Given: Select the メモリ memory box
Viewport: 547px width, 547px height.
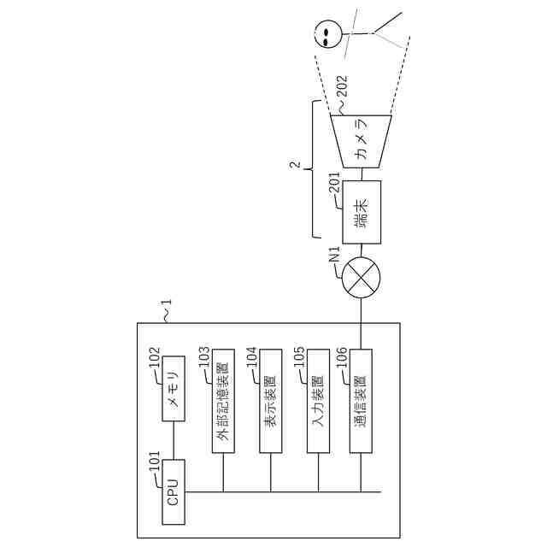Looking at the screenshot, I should click(x=174, y=390).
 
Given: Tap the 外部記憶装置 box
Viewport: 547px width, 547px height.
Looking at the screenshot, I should click(x=223, y=399).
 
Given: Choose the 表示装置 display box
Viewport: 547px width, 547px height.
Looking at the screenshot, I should click(x=270, y=399).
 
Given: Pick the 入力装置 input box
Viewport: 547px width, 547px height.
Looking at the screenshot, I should click(x=317, y=399).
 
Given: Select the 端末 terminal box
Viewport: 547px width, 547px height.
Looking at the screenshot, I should click(x=362, y=210).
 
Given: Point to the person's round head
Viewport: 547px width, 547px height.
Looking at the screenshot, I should click(x=326, y=35).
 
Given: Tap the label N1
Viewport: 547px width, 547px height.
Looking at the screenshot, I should click(x=336, y=253).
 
